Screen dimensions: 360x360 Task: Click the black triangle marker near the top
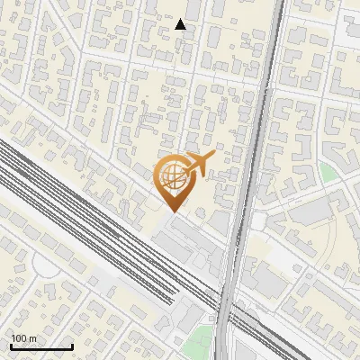181,24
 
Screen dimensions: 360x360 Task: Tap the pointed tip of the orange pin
171,211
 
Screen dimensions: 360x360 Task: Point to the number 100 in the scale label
19,337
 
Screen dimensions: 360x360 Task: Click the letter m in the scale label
32,337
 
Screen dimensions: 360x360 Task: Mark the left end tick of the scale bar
10,346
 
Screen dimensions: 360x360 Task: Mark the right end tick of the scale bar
72,346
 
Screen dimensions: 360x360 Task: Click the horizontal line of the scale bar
40,346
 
